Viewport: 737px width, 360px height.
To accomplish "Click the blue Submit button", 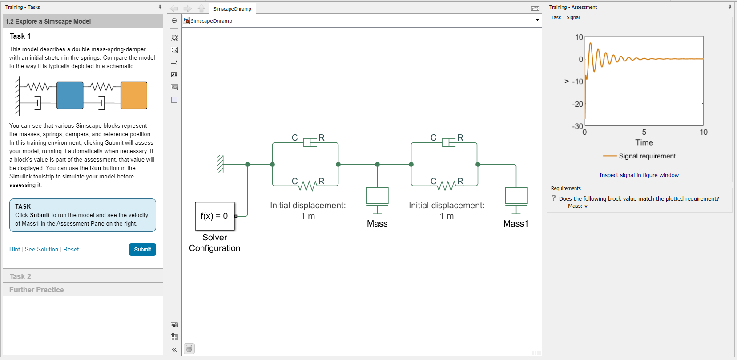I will point(142,250).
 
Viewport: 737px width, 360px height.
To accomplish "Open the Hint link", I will point(15,250).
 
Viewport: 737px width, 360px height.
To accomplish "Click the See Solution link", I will point(41,250).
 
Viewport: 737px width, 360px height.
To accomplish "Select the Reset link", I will point(71,250).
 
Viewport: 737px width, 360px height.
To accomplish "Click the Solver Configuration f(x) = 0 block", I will point(214,216).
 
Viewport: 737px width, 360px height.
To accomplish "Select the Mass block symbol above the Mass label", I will point(377,196).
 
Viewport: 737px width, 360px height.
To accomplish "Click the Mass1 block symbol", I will point(516,196).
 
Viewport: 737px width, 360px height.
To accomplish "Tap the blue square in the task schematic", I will point(70,95).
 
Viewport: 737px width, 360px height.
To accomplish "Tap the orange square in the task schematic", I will point(134,95).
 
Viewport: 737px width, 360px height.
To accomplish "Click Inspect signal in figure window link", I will point(639,175).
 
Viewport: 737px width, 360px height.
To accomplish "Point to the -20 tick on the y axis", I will point(577,104).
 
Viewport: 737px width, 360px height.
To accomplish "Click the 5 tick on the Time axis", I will point(644,132).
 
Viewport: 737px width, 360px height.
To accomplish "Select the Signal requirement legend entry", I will point(647,156).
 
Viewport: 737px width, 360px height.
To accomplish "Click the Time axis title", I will point(644,143).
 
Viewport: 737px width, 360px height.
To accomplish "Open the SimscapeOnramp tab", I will point(232,9).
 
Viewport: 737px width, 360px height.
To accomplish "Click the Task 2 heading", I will point(20,276).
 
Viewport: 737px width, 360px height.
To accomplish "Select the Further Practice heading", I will point(36,290).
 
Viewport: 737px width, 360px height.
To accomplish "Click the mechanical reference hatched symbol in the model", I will point(220,164).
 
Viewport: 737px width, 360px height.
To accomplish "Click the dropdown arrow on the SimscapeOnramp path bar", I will point(537,20).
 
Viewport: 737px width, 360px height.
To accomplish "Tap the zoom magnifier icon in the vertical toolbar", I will point(174,37).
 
